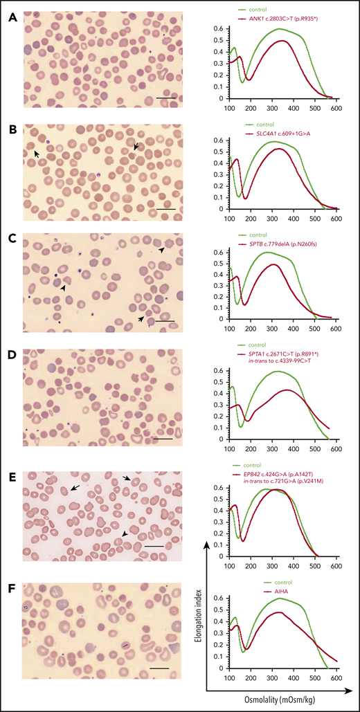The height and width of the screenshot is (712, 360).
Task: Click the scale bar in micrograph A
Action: pyautogui.click(x=166, y=98)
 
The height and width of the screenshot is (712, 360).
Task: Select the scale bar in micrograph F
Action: pyautogui.click(x=159, y=668)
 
